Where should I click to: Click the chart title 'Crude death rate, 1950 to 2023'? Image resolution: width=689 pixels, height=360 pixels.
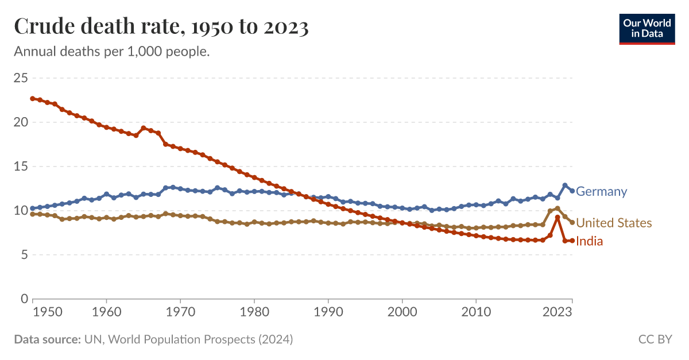[161, 27]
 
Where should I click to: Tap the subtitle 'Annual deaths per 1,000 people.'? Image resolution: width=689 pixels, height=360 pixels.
[111, 52]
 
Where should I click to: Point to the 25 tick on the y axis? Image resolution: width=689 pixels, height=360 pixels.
[21, 78]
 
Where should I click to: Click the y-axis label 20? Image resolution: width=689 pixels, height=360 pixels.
[21, 122]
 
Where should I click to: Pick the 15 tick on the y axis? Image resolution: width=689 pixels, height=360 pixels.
[21, 167]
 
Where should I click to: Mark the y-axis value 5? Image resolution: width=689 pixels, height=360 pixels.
[24, 255]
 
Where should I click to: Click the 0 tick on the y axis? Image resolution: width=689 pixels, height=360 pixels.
[24, 299]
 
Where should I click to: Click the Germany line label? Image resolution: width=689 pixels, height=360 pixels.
[601, 192]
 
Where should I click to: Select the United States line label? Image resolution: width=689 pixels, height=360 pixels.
[614, 223]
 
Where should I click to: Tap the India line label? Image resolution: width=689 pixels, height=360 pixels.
[589, 242]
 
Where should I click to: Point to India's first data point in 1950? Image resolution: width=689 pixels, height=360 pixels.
[33, 99]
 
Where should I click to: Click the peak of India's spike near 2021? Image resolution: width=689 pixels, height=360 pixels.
[558, 218]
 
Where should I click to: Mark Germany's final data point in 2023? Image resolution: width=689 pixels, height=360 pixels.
[572, 191]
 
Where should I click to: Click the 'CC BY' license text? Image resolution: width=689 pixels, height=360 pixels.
[655, 339]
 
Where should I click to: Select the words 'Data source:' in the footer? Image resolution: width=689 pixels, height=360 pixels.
[47, 339]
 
